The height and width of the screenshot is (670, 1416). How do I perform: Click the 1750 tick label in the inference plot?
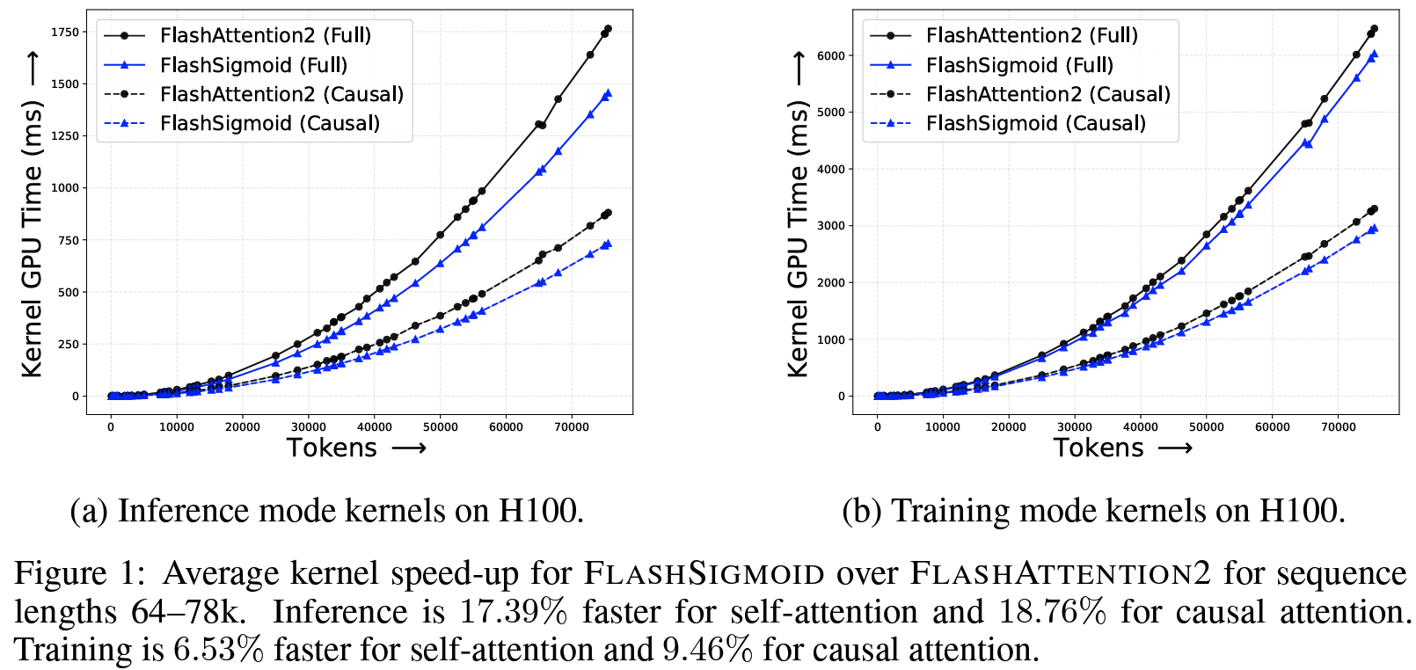pyautogui.click(x=65, y=33)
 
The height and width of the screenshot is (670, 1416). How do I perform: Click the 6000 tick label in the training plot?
pyautogui.click(x=830, y=55)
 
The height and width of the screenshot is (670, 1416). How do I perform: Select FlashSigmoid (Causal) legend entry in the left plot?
pyautogui.click(x=269, y=124)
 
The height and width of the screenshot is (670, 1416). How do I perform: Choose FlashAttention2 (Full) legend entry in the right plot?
pyautogui.click(x=1031, y=35)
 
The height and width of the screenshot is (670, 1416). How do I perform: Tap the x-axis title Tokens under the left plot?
pyautogui.click(x=332, y=448)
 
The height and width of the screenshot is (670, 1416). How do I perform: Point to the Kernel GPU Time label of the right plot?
pyautogui.click(x=798, y=237)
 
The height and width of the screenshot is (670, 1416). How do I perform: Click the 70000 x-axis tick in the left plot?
pyautogui.click(x=572, y=427)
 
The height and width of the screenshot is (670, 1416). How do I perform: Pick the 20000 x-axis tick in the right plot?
pyautogui.click(x=1009, y=427)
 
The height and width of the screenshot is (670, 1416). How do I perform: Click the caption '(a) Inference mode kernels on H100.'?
pyautogui.click(x=327, y=511)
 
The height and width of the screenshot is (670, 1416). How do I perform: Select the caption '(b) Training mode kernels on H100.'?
pyautogui.click(x=1093, y=511)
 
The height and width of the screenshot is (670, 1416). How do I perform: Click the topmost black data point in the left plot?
pyautogui.click(x=608, y=29)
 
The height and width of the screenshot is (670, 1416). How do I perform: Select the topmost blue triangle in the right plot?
pyautogui.click(x=1374, y=54)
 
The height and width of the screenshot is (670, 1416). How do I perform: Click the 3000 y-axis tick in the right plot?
pyautogui.click(x=830, y=226)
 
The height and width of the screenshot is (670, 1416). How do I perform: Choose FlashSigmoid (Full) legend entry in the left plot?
pyautogui.click(x=253, y=65)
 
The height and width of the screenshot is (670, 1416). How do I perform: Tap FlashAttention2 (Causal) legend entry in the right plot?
pyautogui.click(x=1047, y=94)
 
